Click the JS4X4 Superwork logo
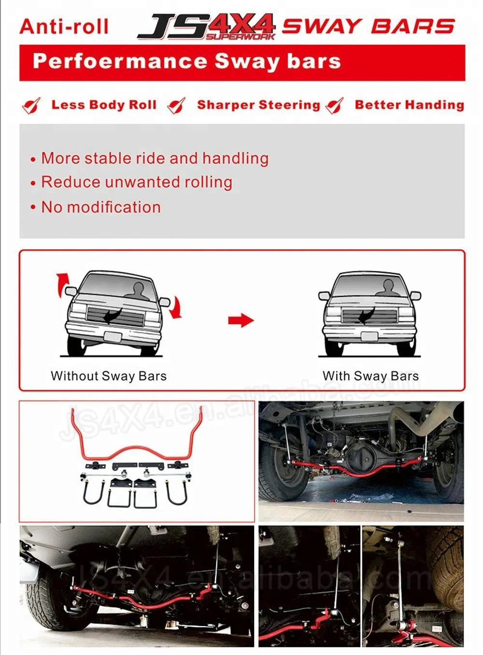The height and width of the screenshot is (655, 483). (x=206, y=27)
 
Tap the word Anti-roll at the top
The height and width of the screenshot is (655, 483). (x=64, y=27)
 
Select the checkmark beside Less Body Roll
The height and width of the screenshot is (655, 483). (x=31, y=105)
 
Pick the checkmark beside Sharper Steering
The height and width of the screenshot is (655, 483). (x=176, y=105)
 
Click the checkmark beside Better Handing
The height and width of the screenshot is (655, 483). (x=335, y=105)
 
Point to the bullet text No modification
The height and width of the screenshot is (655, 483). (x=100, y=207)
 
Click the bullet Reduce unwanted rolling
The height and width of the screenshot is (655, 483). (x=137, y=182)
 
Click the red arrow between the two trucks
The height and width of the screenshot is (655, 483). (x=241, y=320)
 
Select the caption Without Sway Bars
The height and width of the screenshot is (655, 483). (x=109, y=376)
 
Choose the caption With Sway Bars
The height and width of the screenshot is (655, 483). (x=370, y=376)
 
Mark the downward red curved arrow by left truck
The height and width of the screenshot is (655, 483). (x=176, y=308)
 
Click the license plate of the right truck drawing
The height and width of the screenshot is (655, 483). (x=369, y=337)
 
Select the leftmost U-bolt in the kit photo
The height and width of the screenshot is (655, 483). (x=93, y=493)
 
